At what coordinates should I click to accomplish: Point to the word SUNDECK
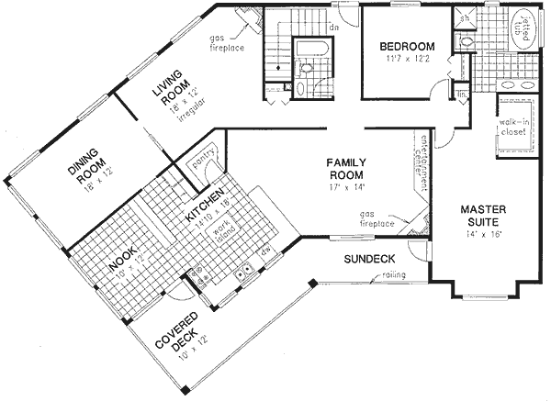368,260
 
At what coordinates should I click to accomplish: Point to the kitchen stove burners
195,273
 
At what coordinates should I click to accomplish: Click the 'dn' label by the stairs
336,28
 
